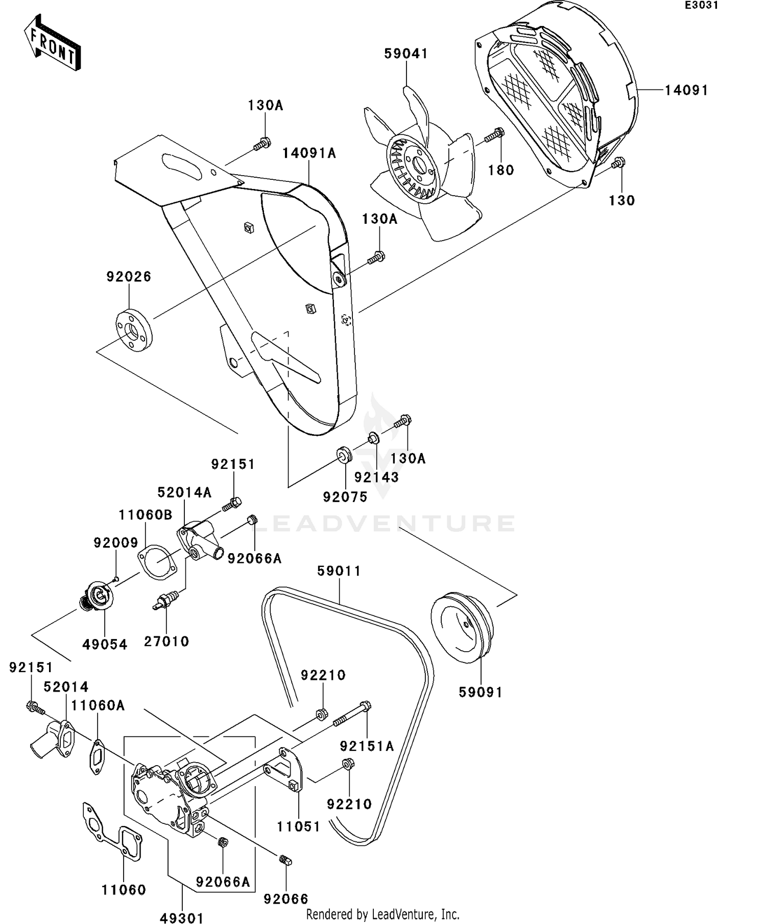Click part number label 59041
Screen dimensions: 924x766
(x=406, y=54)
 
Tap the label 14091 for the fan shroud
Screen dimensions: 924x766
(x=686, y=90)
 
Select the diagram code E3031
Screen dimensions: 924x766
(x=702, y=6)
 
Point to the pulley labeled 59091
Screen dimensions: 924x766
(x=461, y=627)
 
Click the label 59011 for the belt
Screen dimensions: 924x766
(x=339, y=571)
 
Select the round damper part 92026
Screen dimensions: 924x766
(x=132, y=330)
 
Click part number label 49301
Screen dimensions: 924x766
(x=182, y=918)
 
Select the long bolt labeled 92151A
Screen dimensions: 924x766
(x=352, y=715)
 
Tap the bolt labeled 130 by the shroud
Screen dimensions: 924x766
(x=617, y=163)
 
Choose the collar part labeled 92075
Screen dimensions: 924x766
(x=344, y=454)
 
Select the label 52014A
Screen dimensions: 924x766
(x=184, y=492)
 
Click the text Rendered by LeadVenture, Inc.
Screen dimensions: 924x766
(x=382, y=914)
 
